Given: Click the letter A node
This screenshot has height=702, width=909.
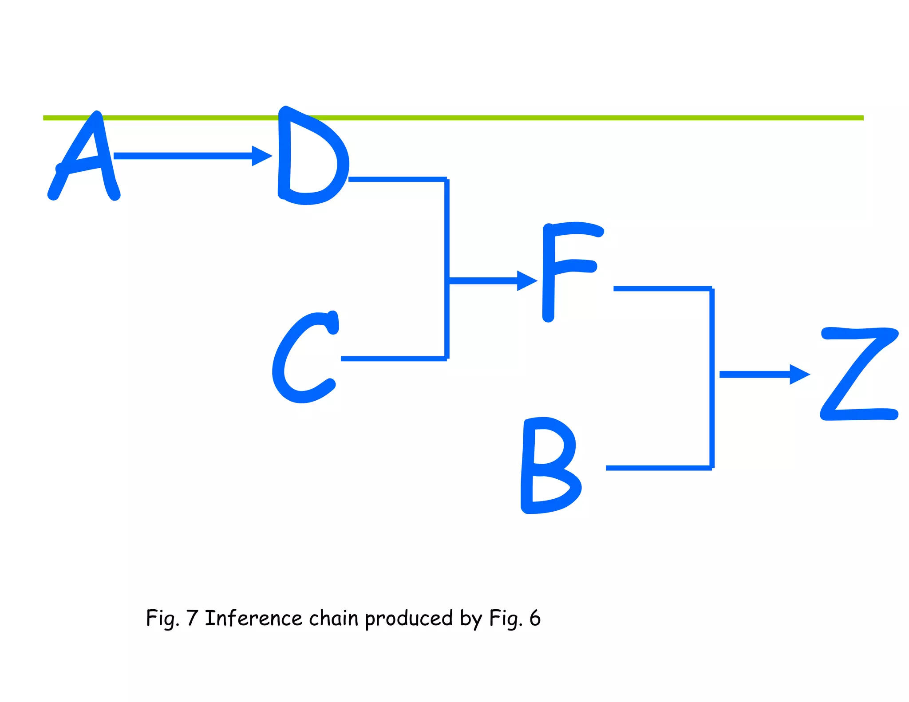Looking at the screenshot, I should click(x=84, y=158).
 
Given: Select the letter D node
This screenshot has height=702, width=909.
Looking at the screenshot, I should click(x=311, y=155).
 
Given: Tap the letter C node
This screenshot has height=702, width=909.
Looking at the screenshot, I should click(x=304, y=357).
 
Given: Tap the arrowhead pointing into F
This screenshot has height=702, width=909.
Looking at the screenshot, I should click(x=527, y=280).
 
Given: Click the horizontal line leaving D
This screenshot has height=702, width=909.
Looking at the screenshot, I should click(x=397, y=179).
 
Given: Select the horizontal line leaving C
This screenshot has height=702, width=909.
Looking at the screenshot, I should click(x=393, y=359).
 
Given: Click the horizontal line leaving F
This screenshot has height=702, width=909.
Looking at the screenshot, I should click(x=662, y=289).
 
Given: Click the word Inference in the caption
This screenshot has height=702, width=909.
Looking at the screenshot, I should click(x=253, y=618).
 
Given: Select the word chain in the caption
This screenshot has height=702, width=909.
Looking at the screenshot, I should click(x=333, y=618).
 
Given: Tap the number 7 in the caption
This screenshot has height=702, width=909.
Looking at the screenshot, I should click(x=192, y=618).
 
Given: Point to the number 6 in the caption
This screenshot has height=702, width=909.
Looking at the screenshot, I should click(x=535, y=618).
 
